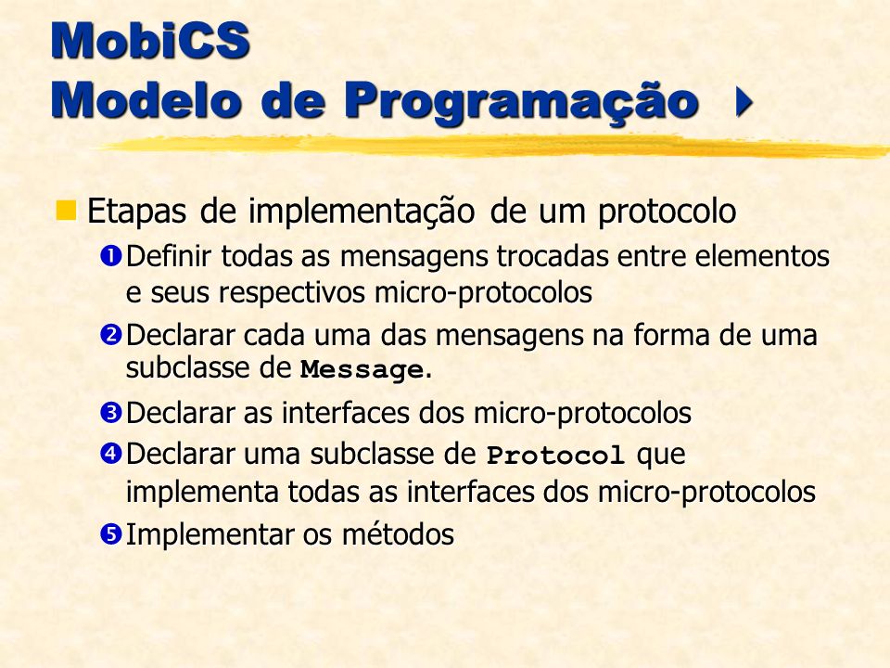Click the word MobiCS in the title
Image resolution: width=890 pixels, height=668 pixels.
coord(150,40)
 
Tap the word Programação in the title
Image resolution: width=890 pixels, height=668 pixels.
coord(521,102)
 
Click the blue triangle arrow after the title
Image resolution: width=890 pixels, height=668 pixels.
coord(744,102)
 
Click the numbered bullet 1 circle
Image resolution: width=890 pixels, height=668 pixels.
coord(110,256)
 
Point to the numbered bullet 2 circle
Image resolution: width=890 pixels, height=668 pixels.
coord(110,334)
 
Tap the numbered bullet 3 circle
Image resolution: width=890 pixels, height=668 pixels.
coord(110,412)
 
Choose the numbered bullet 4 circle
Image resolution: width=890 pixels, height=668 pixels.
coord(110,454)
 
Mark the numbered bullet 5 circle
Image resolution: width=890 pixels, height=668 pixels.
coord(110,534)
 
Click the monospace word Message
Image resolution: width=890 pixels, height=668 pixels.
coord(362,370)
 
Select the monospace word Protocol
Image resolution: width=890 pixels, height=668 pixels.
coord(555,455)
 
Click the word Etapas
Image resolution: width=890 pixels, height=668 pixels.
coord(136,212)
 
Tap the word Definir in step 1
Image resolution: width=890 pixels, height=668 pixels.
coord(169,256)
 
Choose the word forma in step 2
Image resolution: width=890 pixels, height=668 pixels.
coord(671,334)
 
